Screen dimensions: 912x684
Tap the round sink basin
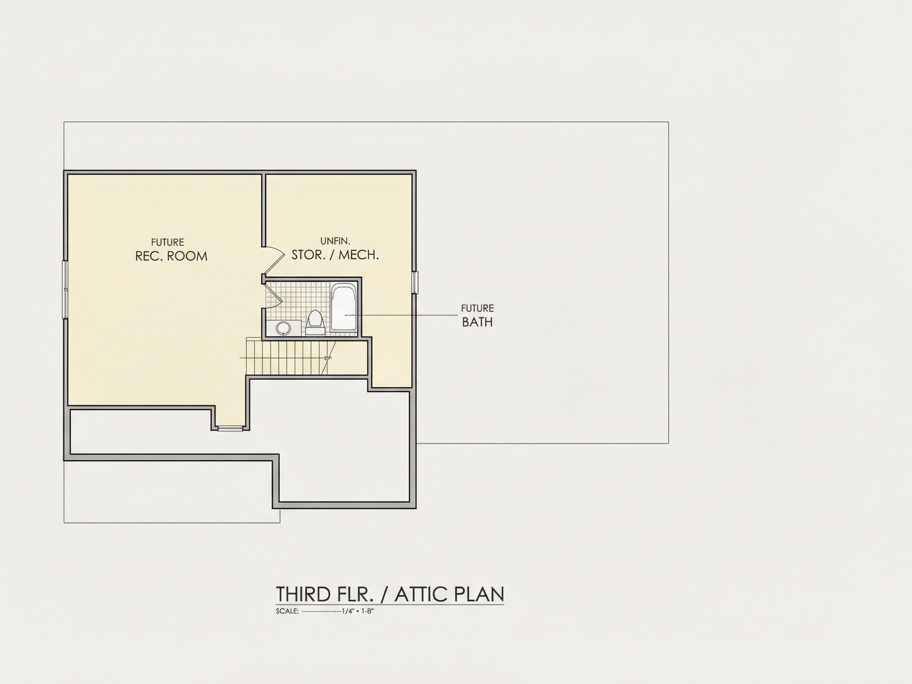tap(283, 328)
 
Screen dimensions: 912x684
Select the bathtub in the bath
tap(344, 308)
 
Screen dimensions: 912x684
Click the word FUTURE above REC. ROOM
tap(167, 242)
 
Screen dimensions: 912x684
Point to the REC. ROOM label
tap(171, 256)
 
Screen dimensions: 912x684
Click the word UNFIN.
tap(335, 241)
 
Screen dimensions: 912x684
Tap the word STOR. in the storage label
tap(308, 255)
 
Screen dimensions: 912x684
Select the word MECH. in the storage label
tap(358, 255)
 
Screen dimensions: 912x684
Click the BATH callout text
tap(477, 322)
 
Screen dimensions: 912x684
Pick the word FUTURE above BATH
tap(477, 308)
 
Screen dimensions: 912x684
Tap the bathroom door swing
tap(272, 296)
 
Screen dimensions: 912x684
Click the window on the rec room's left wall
tap(65, 289)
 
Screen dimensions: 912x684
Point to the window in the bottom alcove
tap(231, 429)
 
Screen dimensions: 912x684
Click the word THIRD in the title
tap(303, 594)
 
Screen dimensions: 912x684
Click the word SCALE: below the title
tap(287, 612)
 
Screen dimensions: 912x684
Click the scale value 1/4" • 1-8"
tap(357, 612)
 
